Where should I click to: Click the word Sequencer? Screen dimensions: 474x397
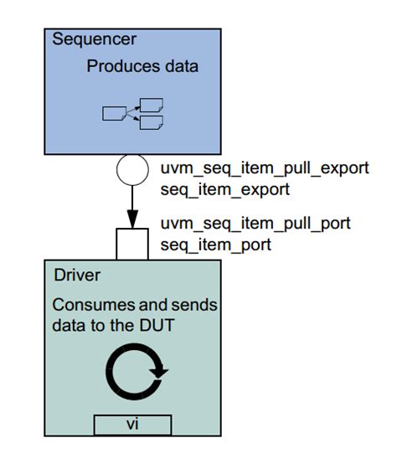(x=94, y=39)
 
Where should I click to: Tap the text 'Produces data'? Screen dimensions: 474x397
(x=142, y=66)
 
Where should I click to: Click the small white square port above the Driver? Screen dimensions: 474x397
(x=132, y=244)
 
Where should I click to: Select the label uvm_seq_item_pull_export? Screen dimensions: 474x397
(x=264, y=167)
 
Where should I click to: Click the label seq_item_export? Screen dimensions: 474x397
(x=224, y=189)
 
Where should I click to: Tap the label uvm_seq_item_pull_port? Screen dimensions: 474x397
(x=255, y=224)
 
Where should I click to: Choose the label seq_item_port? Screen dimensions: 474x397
(x=215, y=245)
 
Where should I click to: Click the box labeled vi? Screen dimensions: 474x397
(x=132, y=425)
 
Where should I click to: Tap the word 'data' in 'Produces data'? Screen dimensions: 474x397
(x=179, y=66)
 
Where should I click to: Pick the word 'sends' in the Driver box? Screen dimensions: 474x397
(x=195, y=306)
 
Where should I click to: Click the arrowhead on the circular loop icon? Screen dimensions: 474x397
(x=160, y=372)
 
